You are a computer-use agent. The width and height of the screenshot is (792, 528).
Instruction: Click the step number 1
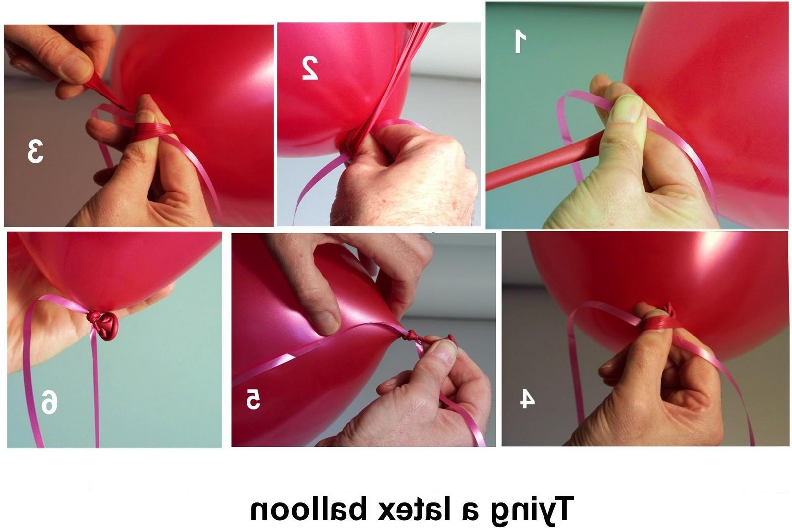point(520,42)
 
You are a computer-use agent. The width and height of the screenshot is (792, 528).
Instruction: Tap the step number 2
point(310,68)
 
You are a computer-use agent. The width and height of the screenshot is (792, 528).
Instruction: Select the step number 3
point(35,151)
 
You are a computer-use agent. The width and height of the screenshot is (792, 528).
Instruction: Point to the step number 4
point(527,399)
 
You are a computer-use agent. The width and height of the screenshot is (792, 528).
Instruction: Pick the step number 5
point(253,399)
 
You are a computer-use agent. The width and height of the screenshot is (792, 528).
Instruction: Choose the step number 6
point(49,402)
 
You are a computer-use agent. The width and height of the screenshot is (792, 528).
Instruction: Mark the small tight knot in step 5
point(411,335)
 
